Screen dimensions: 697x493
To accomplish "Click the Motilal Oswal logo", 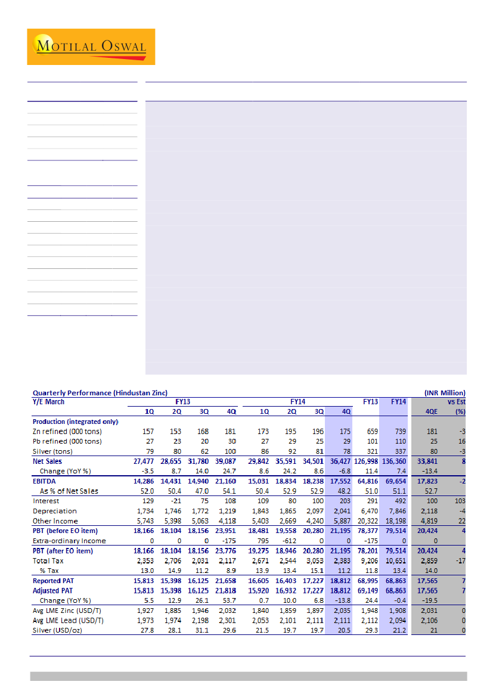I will pyautogui.click(x=91, y=47).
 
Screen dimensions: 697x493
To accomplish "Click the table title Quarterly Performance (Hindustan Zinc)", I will pyautogui.click(x=100, y=393).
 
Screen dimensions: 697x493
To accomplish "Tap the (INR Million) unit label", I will pyautogui.click(x=444, y=393).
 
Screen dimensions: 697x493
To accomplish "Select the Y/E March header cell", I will pyautogui.click(x=49, y=402).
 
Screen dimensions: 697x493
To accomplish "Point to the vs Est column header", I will pyautogui.click(x=456, y=402).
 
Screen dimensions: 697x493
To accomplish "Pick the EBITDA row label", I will pyautogui.click(x=45, y=481).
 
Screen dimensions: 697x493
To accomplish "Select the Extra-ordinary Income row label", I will pyautogui.click(x=69, y=541).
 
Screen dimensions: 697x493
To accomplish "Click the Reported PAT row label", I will pyautogui.click(x=54, y=580).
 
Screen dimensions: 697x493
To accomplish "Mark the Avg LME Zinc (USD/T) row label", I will pyautogui.click(x=68, y=610).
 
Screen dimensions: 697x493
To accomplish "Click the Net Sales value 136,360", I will pyautogui.click(x=396, y=461).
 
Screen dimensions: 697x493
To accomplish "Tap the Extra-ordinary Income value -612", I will pyautogui.click(x=289, y=541).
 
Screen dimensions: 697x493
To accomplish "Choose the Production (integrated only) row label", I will pyautogui.click(x=76, y=422).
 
